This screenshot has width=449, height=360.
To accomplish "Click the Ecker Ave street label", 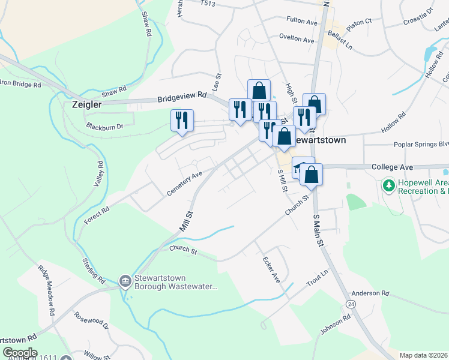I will tap(271, 270).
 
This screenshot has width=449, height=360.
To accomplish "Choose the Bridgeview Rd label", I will tap(182, 96).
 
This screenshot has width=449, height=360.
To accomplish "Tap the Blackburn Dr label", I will tap(104, 127).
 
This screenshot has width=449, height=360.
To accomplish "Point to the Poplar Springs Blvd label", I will tap(421, 145).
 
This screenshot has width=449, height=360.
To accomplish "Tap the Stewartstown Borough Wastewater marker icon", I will tap(125, 280).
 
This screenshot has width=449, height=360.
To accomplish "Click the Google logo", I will tap(19, 353).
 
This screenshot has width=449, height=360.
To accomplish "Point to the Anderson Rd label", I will tap(371, 293).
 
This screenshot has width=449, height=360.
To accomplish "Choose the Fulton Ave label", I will tap(302, 22).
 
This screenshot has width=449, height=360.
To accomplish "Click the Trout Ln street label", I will tap(318, 278).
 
